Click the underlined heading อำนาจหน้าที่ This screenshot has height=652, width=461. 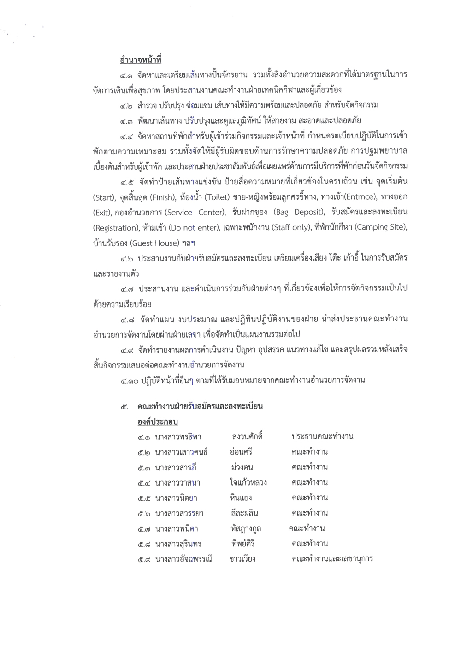(x=140, y=60)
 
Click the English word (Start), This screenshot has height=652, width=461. (x=104, y=198)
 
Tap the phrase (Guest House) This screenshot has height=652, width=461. (x=154, y=243)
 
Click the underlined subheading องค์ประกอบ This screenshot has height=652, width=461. (x=157, y=421)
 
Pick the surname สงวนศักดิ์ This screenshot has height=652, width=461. (x=247, y=436)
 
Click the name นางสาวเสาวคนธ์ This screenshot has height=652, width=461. (x=181, y=452)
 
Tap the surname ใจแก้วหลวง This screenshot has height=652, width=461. (x=248, y=483)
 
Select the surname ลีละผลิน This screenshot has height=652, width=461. (x=244, y=513)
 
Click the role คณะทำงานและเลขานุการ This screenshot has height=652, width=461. (x=332, y=559)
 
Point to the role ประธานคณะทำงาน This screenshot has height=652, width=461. (x=322, y=436)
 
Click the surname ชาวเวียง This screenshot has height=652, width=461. (x=242, y=559)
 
